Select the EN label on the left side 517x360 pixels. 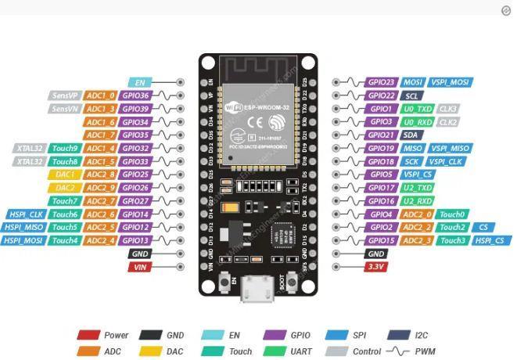click(x=140, y=82)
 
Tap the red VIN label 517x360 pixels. click(x=140, y=267)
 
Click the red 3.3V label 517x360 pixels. click(x=376, y=267)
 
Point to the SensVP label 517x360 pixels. click(x=63, y=95)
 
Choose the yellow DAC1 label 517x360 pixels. click(x=65, y=175)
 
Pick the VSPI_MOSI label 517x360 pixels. click(x=451, y=82)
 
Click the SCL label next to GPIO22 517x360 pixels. click(x=412, y=95)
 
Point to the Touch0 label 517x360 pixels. click(x=452, y=214)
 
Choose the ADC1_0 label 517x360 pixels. click(x=101, y=95)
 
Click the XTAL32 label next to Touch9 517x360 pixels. click(x=30, y=148)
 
